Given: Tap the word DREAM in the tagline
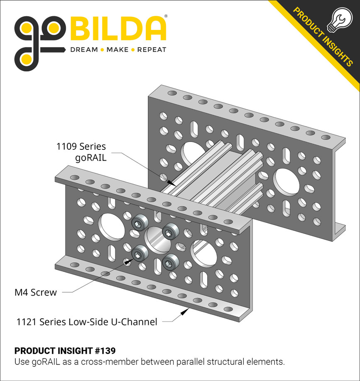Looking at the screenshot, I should [x=84, y=50].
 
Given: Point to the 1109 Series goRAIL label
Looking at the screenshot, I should [x=81, y=152].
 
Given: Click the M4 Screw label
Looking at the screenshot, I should [x=36, y=292].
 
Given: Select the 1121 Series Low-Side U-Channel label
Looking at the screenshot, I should [x=87, y=322].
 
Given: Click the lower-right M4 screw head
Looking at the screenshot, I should [x=169, y=262].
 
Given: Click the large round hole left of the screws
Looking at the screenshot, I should [x=110, y=226].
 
